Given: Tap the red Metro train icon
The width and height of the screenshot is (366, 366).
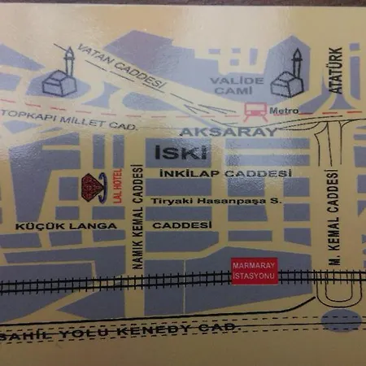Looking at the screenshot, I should pos(254,108).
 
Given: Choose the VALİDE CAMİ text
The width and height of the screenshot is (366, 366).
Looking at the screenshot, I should pos(237,85).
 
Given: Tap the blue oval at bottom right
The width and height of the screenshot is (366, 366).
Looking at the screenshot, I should pos(341,320).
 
